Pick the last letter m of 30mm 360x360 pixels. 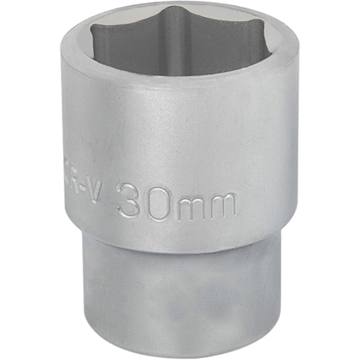pos(222,205)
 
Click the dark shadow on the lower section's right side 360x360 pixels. pos(269,294)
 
